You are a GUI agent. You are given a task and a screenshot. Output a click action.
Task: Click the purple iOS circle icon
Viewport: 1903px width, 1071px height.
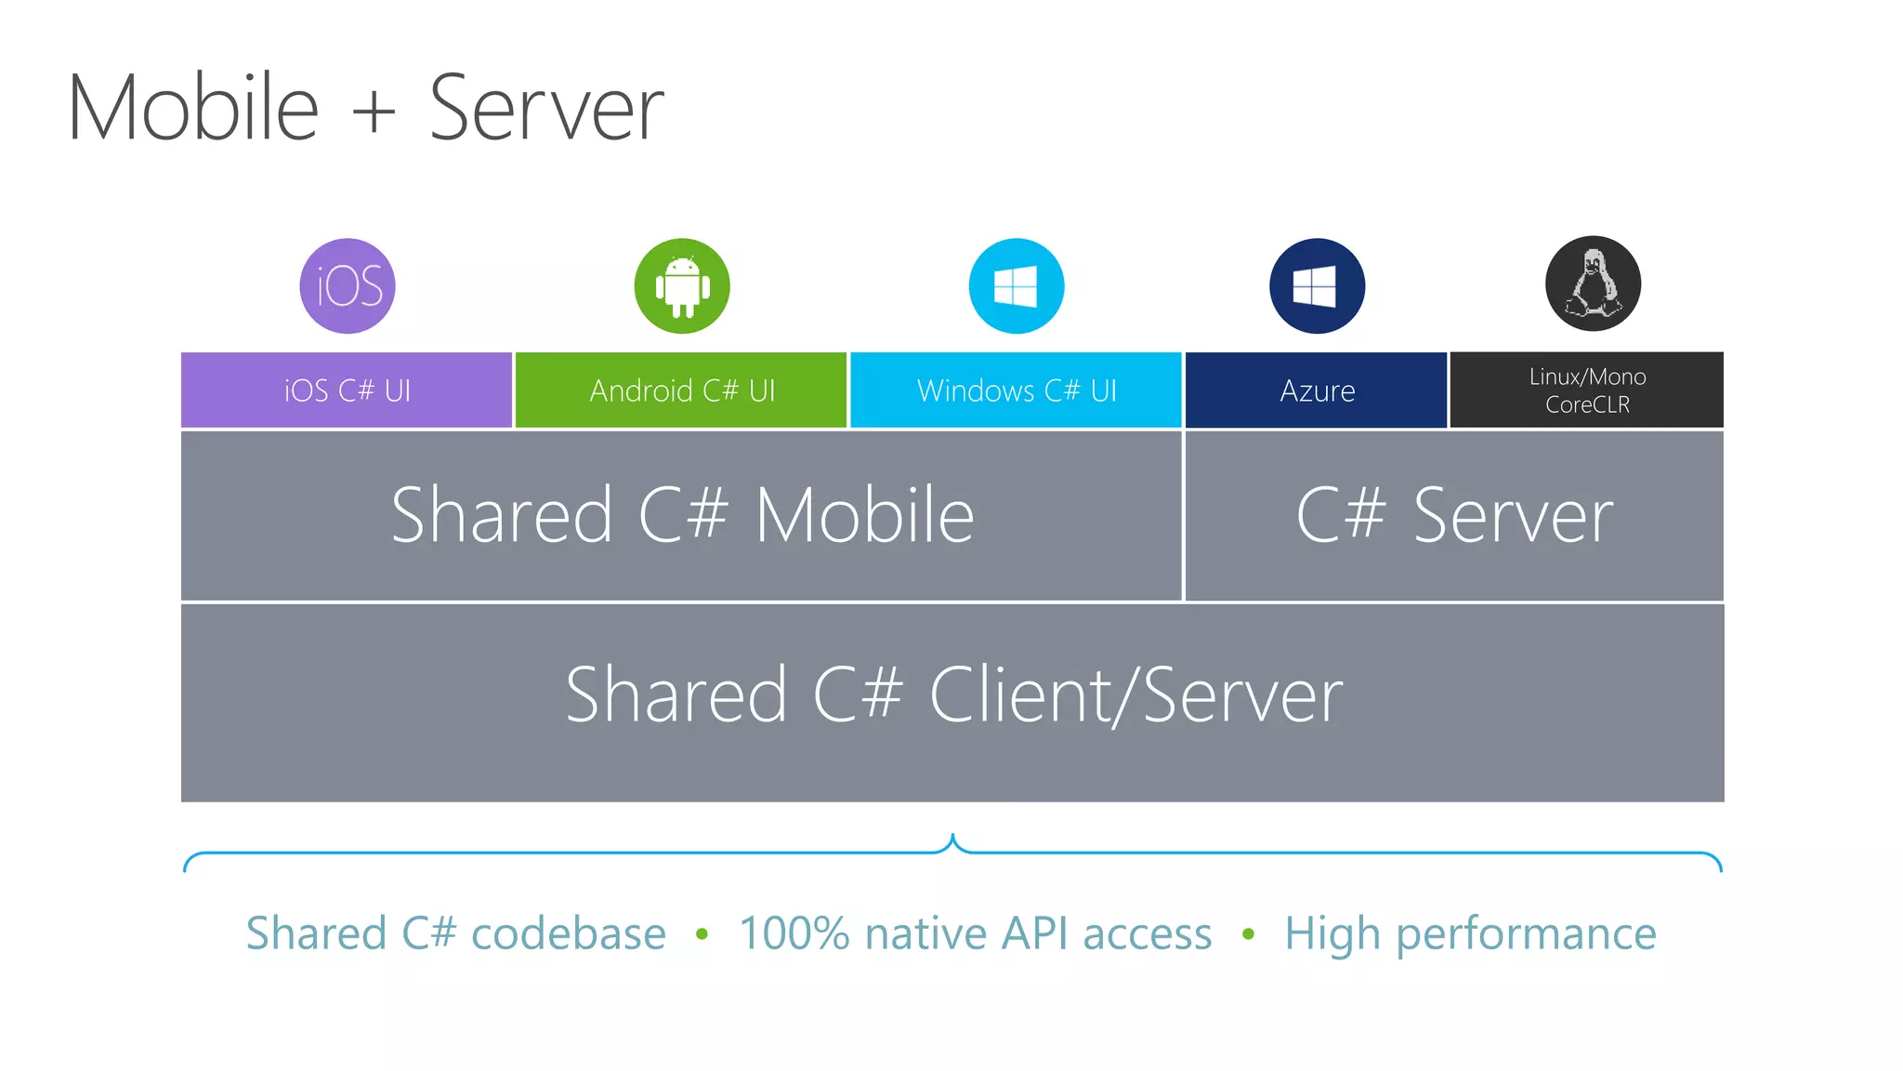pyautogui.click(x=348, y=285)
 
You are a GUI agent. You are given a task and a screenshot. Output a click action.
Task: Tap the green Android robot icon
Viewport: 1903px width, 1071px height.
pyautogui.click(x=682, y=285)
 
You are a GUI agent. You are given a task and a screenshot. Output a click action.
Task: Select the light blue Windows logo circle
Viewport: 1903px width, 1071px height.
pyautogui.click(x=1016, y=285)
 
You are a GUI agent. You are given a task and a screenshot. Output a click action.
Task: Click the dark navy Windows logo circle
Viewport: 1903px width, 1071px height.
pyautogui.click(x=1317, y=285)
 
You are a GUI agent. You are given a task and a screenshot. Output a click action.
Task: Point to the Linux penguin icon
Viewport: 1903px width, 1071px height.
pyautogui.click(x=1593, y=284)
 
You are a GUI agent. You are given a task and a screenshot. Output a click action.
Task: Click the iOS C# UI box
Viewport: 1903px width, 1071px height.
pyautogui.click(x=347, y=390)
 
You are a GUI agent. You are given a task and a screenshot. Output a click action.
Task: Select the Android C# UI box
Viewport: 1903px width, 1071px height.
pyautogui.click(x=681, y=390)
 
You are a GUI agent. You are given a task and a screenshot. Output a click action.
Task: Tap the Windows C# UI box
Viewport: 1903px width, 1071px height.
pyautogui.click(x=1016, y=390)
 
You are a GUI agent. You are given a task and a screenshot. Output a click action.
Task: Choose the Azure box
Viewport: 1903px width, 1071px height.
pyautogui.click(x=1317, y=390)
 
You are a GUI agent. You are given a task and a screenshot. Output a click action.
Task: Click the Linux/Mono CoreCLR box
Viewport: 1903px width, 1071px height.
pyautogui.click(x=1587, y=390)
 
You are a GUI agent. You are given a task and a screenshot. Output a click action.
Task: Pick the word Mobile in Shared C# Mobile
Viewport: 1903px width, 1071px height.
pyautogui.click(x=864, y=516)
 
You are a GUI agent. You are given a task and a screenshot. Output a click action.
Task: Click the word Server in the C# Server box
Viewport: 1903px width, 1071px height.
pyautogui.click(x=1513, y=517)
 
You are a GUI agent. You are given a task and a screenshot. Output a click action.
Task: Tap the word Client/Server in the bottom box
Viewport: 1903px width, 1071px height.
pyautogui.click(x=1135, y=695)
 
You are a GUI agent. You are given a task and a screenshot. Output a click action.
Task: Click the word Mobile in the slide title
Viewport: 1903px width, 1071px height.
pyautogui.click(x=193, y=108)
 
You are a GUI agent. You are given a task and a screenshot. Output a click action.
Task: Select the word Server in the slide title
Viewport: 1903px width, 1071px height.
pyautogui.click(x=546, y=110)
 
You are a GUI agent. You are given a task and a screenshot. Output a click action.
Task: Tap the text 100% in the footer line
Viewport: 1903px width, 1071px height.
pyautogui.click(x=794, y=933)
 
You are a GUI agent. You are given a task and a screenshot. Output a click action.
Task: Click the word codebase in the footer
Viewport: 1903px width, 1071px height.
pyautogui.click(x=568, y=933)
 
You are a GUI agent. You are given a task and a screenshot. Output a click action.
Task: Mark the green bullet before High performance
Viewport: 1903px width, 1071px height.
pyautogui.click(x=1248, y=933)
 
